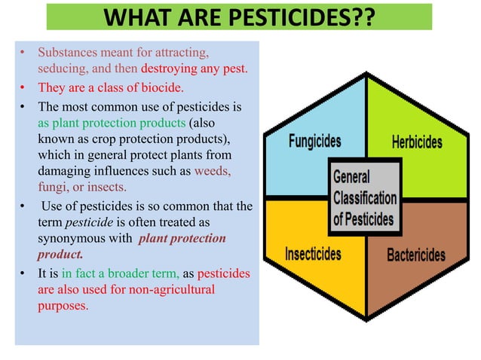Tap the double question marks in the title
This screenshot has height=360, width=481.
360,17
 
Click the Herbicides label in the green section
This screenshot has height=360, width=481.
417,142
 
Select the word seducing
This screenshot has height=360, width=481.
64,70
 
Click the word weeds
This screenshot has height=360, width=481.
213,170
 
